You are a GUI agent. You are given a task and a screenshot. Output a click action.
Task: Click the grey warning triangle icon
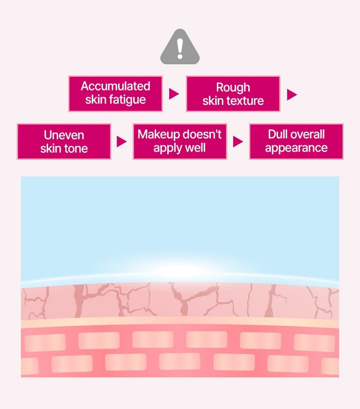click(x=180, y=47)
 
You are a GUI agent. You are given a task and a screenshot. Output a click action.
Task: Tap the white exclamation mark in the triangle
click(x=180, y=49)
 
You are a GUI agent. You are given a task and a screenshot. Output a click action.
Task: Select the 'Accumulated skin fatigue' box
click(x=116, y=94)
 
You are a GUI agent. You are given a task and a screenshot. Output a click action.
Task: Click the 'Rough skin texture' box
click(x=233, y=94)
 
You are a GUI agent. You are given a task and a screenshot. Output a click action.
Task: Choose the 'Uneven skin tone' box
click(x=64, y=141)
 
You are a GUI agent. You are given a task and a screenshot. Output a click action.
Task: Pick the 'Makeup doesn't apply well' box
click(x=180, y=141)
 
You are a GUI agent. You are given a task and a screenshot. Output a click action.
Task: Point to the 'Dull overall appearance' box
click(x=297, y=141)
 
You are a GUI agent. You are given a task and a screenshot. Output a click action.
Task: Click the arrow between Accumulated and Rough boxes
click(x=174, y=94)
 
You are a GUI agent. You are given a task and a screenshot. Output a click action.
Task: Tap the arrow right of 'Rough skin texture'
click(x=292, y=94)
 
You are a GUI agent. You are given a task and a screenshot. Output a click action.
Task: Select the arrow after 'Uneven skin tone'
click(x=121, y=142)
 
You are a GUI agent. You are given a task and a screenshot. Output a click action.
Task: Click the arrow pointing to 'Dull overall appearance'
click(x=238, y=142)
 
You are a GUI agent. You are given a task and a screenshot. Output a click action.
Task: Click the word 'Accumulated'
click(x=116, y=86)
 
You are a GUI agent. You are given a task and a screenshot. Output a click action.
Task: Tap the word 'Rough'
click(x=233, y=88)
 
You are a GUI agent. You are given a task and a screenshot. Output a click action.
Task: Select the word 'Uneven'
click(x=64, y=135)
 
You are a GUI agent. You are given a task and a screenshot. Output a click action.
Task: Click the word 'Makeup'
click(x=159, y=135)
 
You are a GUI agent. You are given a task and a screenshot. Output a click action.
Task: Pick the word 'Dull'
click(x=278, y=135)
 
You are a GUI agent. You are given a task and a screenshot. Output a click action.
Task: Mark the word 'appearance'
click(x=297, y=148)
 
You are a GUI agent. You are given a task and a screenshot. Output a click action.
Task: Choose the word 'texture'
click(x=248, y=101)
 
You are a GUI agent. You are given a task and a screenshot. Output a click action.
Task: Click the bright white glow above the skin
click(x=180, y=269)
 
